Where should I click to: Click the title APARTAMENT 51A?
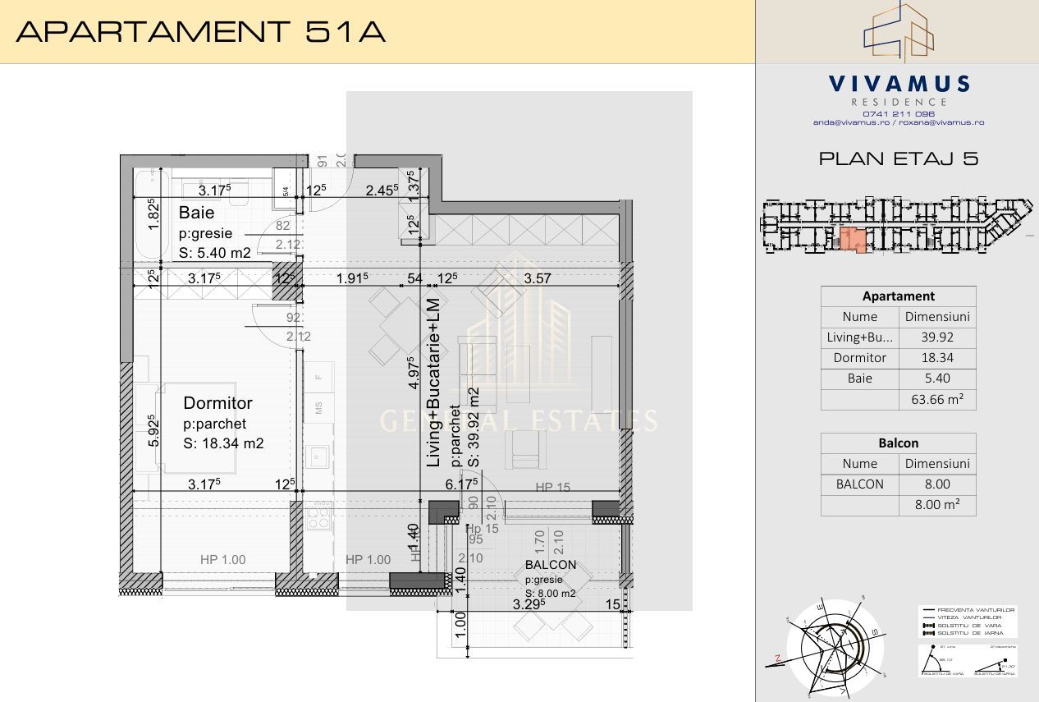(201, 31)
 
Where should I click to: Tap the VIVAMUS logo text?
(899, 83)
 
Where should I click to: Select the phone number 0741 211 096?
(899, 113)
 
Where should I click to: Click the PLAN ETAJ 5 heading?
(899, 158)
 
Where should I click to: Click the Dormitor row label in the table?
(859, 358)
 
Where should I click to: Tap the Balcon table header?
(898, 443)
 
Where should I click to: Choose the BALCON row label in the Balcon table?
(859, 484)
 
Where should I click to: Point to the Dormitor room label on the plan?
(217, 403)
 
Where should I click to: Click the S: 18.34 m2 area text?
(223, 443)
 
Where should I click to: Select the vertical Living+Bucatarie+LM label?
(433, 383)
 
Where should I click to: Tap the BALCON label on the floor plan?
(551, 565)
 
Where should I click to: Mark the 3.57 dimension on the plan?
(538, 278)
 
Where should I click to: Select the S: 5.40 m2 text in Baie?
(215, 253)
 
